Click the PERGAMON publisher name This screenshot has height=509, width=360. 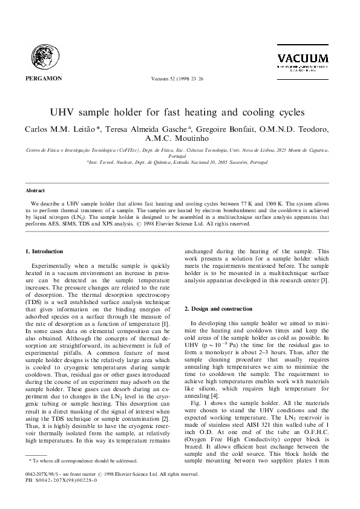[44, 78]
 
